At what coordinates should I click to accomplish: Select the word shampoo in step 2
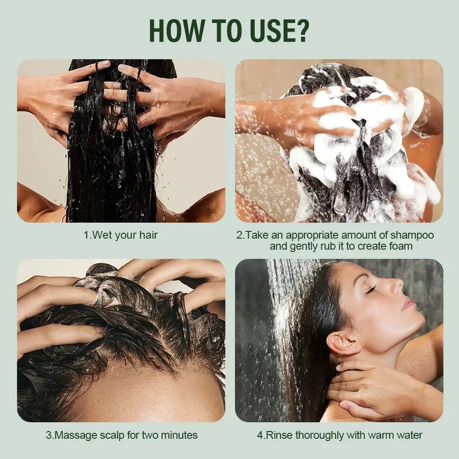(411, 235)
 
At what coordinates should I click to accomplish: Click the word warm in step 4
(380, 435)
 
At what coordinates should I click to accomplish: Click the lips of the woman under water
(406, 302)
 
